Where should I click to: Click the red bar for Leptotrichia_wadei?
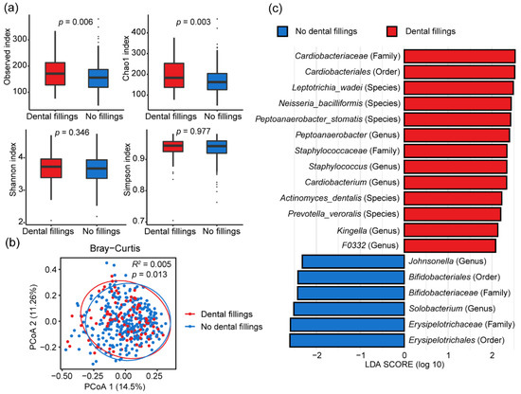[458, 88]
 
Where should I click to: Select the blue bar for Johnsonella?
[353, 261]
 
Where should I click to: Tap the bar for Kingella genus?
[451, 230]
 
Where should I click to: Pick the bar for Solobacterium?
[349, 309]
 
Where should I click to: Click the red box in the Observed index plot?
[55, 74]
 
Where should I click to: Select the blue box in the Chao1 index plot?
[217, 81]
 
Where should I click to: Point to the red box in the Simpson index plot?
[173, 147]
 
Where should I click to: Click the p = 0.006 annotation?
[76, 23]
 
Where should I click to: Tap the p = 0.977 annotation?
[193, 132]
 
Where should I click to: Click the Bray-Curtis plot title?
[115, 248]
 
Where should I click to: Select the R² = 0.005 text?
[152, 264]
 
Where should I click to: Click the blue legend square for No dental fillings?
[282, 31]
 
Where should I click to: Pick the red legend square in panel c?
[392, 31]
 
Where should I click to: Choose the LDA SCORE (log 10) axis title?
[404, 365]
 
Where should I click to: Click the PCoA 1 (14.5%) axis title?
[115, 386]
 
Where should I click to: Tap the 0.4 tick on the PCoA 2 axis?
[51, 269]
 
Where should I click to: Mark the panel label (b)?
[11, 242]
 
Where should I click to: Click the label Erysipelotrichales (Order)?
[457, 340]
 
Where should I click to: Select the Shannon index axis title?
[13, 170]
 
